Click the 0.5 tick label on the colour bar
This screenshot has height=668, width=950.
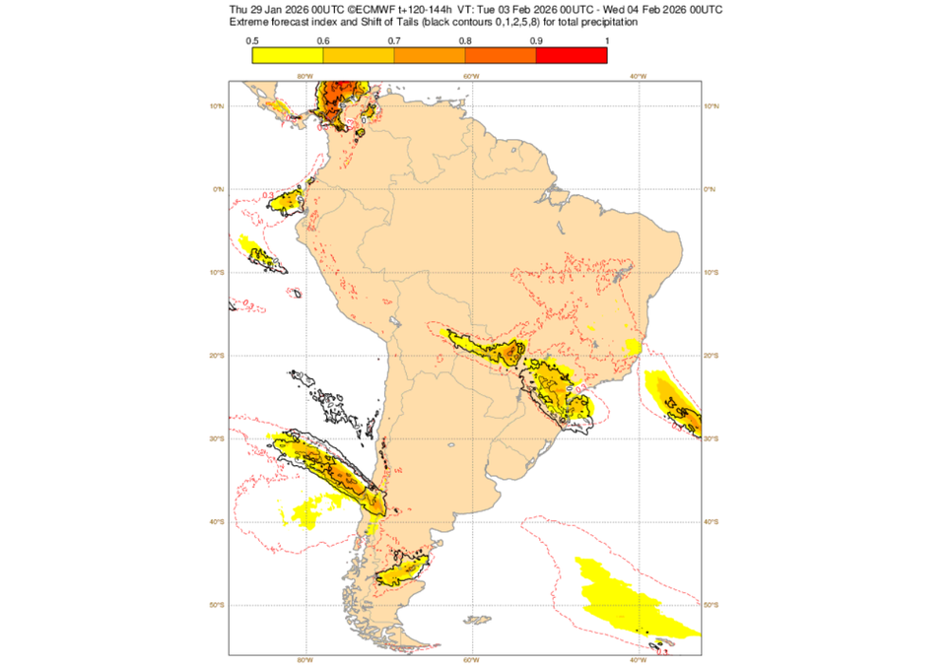tap(252, 40)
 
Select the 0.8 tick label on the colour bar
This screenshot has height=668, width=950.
tap(465, 40)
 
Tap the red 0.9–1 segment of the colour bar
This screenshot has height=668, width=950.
tap(571, 55)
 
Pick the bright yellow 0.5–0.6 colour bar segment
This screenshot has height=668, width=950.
tap(288, 55)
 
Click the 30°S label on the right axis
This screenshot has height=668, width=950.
tap(712, 438)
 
